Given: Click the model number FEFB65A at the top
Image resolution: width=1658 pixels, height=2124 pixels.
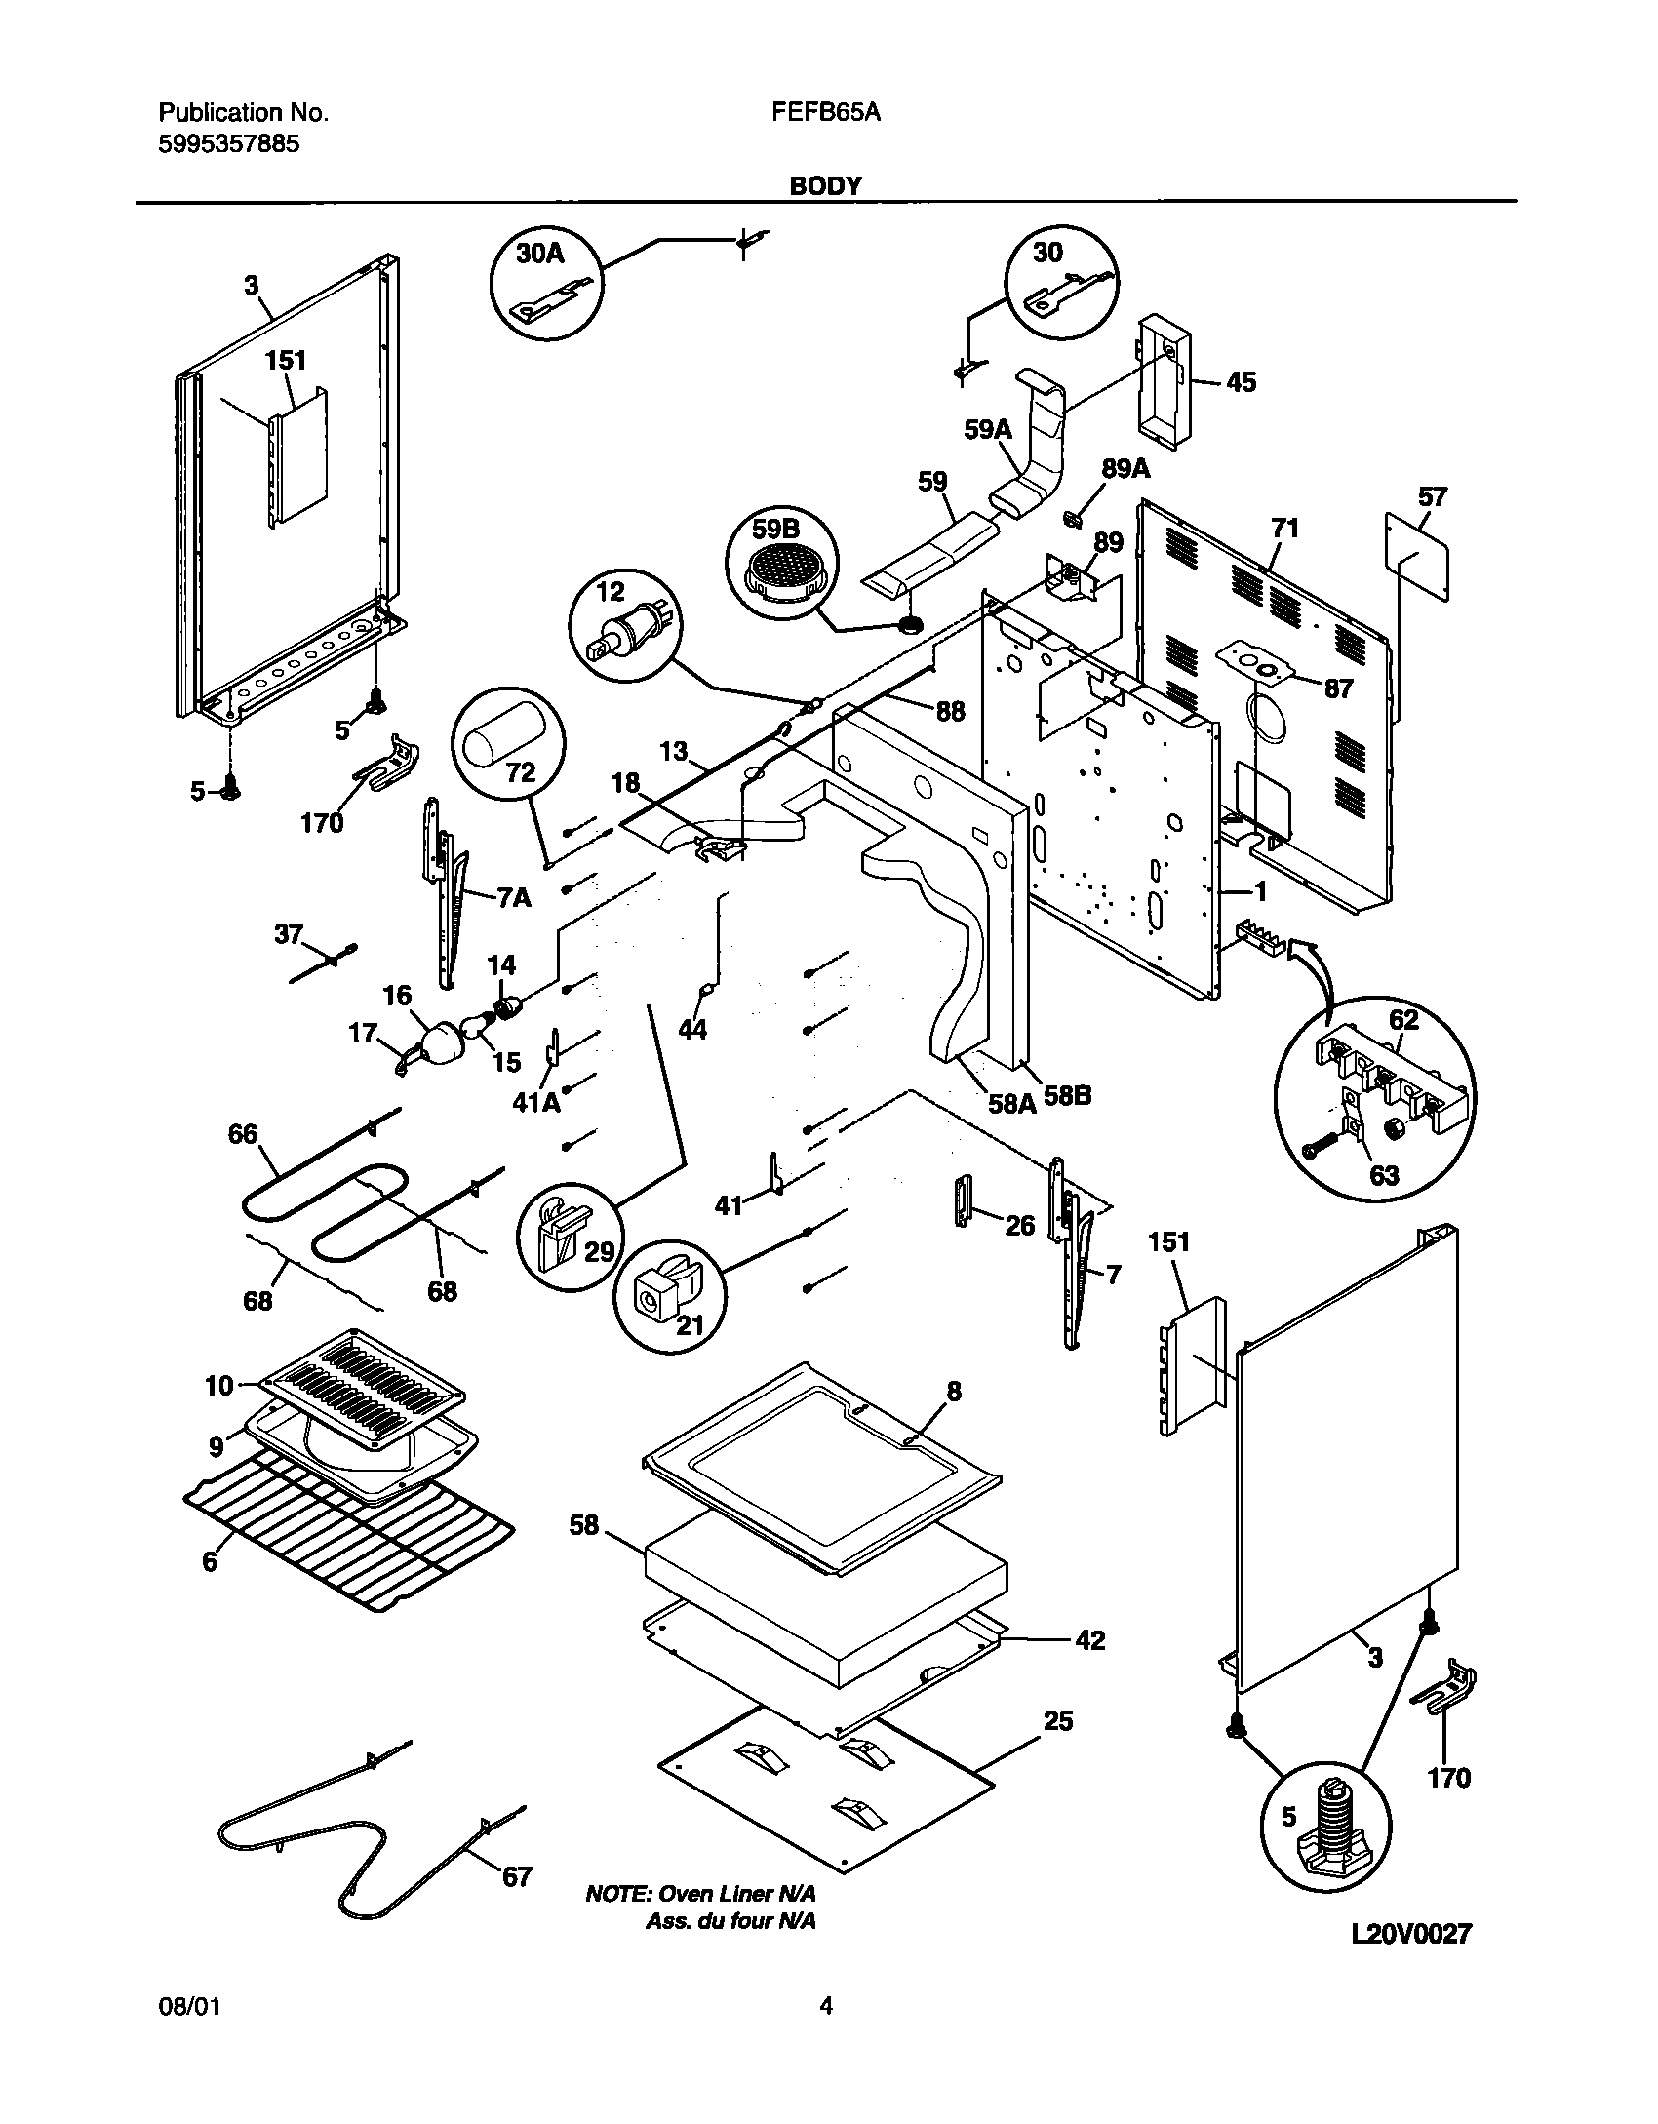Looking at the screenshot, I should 825,113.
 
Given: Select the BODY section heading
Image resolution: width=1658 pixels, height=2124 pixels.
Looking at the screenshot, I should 825,185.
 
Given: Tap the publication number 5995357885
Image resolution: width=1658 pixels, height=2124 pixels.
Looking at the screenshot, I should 228,145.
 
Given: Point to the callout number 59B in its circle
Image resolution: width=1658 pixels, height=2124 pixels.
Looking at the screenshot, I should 775,530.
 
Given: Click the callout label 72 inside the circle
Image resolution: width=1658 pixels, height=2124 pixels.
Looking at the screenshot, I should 520,772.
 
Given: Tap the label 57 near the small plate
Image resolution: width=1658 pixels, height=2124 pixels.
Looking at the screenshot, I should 1432,497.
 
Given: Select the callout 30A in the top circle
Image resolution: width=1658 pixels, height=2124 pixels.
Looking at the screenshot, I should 539,254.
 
